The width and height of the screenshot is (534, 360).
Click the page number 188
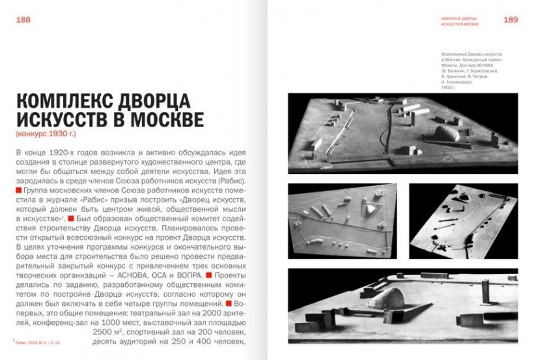[x=23, y=20]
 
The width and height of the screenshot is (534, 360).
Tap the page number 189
[x=511, y=20]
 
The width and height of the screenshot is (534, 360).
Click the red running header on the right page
[x=459, y=20]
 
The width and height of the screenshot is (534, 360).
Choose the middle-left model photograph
[x=343, y=220]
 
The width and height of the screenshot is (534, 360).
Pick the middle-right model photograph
[x=463, y=220]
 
